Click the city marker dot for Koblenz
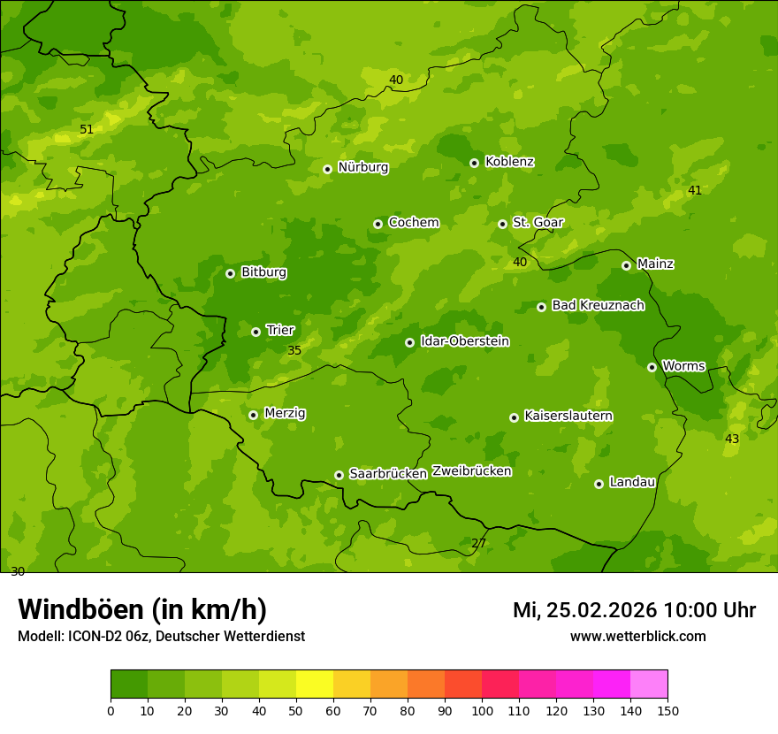click(474, 163)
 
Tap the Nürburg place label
click(362, 167)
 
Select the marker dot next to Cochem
click(378, 224)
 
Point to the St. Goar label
click(538, 222)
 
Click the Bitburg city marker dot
click(230, 273)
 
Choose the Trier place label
click(280, 330)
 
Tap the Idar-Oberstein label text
click(465, 341)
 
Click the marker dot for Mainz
click(626, 265)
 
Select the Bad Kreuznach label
click(598, 305)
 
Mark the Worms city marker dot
click(652, 367)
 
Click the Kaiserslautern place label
click(568, 416)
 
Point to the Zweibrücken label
click(471, 471)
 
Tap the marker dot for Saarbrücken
click(339, 475)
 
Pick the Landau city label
click(632, 482)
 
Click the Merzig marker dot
click(253, 415)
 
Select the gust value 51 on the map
click(87, 130)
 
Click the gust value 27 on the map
click(478, 543)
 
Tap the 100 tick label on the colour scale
click(482, 710)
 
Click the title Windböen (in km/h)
click(142, 609)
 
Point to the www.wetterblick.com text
click(637, 637)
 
